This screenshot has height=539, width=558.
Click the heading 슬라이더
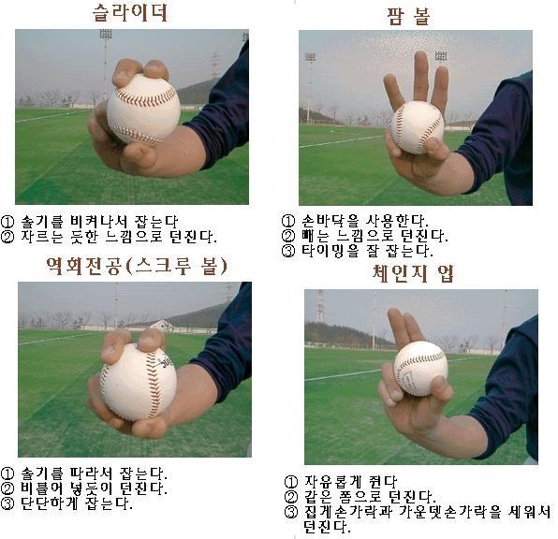coord(130,13)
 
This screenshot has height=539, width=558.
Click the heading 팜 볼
coord(408,16)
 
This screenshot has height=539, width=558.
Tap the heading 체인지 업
coord(413,273)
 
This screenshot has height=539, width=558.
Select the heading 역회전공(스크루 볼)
coord(137,266)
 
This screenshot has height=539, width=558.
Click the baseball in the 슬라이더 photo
coord(143,109)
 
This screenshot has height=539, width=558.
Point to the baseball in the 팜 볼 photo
coord(417,127)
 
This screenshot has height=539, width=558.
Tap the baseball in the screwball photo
coord(138,382)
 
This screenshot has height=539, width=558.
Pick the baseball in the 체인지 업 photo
coord(420,369)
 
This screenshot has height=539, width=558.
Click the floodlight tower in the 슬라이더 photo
coord(106,64)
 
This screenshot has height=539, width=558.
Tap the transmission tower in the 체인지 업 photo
coord(319,306)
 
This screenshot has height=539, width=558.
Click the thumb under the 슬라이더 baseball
coord(139,156)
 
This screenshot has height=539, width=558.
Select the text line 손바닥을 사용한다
coord(365,221)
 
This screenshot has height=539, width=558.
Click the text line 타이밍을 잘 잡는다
coord(367,251)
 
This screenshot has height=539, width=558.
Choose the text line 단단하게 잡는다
coord(77,503)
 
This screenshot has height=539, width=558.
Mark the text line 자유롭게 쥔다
coord(350,482)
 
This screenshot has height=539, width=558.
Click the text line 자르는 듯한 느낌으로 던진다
coord(118,236)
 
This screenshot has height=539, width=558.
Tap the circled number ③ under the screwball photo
coord(7,503)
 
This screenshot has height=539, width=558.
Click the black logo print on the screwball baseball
coord(165,362)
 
